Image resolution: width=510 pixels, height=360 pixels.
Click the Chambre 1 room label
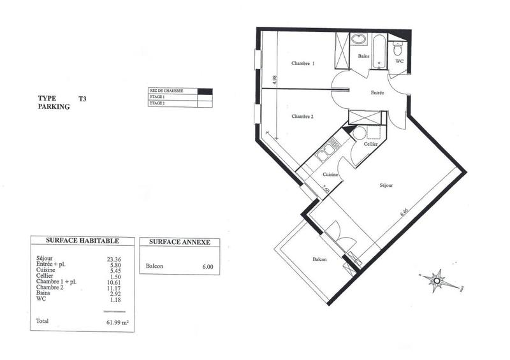pyautogui.click(x=303, y=64)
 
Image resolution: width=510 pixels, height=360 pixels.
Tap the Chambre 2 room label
pyautogui.click(x=303, y=116)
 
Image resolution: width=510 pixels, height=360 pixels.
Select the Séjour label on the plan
pyautogui.click(x=386, y=185)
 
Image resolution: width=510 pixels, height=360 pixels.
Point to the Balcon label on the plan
pyautogui.click(x=320, y=260)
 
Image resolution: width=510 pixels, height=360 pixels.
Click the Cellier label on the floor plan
pyautogui.click(x=371, y=145)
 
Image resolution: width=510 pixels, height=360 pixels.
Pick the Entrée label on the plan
pyautogui.click(x=377, y=93)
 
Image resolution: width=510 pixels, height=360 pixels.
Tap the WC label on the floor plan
pyautogui.click(x=400, y=62)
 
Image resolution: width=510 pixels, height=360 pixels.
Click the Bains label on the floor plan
pyautogui.click(x=364, y=57)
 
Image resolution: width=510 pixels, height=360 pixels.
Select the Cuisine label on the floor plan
pyautogui.click(x=330, y=174)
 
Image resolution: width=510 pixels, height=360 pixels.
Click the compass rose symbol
pyautogui.click(x=437, y=278)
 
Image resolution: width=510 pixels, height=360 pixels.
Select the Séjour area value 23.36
pyautogui.click(x=114, y=259)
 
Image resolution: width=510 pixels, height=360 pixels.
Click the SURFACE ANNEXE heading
pyautogui.click(x=179, y=242)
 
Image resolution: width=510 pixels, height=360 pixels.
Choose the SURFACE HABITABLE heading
pyautogui.click(x=82, y=240)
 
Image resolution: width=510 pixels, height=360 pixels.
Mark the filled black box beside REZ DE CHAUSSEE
pyautogui.click(x=204, y=91)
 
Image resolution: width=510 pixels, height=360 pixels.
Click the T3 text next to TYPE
pyautogui.click(x=82, y=99)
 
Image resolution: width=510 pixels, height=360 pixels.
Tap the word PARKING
pyautogui.click(x=54, y=108)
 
